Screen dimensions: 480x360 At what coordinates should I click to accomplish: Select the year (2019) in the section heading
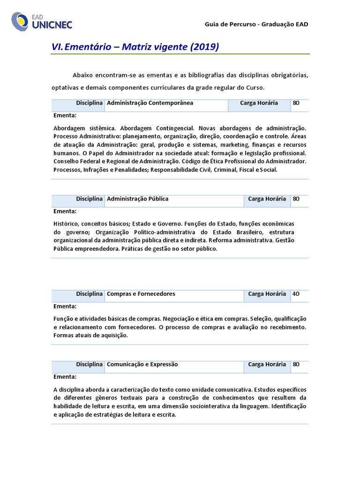[x=205, y=47]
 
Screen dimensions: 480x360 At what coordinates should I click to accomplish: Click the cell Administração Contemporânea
[x=150, y=103]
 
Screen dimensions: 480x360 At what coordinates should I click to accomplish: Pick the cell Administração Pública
[x=137, y=199]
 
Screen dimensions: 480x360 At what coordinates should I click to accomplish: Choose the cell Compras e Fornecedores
[x=141, y=294]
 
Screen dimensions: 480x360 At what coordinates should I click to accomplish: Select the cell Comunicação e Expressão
[x=142, y=364]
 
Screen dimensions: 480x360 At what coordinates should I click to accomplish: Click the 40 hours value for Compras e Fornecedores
[x=296, y=294]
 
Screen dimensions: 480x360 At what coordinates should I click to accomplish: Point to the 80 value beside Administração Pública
[x=296, y=199]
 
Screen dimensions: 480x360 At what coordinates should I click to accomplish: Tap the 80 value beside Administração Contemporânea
[x=296, y=103]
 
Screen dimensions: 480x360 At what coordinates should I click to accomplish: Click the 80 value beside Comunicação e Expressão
[x=296, y=364]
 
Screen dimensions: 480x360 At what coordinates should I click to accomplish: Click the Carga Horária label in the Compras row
[x=267, y=294]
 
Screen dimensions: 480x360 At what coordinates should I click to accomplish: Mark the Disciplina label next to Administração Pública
[x=89, y=199]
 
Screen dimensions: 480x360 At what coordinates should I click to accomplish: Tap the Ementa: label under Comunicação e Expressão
[x=65, y=376]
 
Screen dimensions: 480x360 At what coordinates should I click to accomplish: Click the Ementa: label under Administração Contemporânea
[x=65, y=115]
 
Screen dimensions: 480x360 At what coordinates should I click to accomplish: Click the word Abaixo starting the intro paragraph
[x=82, y=75]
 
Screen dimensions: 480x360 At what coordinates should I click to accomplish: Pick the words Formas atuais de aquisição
[x=90, y=336]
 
